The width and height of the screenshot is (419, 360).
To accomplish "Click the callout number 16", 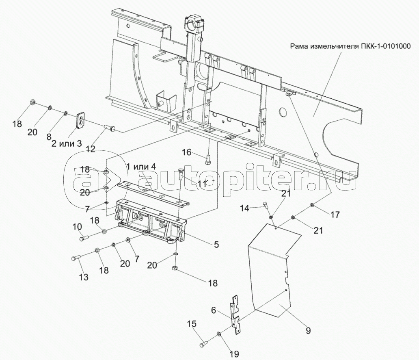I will pyautogui.click(x=186, y=152).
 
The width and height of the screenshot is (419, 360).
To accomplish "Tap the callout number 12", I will pyautogui.click(x=91, y=149).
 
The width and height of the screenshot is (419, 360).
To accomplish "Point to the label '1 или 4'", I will pyautogui.click(x=141, y=167).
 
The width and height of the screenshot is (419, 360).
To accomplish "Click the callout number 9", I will pyautogui.click(x=216, y=245).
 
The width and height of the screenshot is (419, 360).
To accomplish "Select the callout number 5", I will pyautogui.click(x=216, y=245).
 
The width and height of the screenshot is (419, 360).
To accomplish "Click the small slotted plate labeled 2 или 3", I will pyautogui.click(x=81, y=120).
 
